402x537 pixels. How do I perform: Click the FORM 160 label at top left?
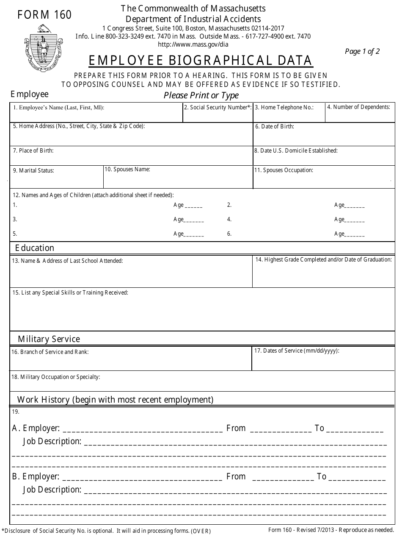point(44,15)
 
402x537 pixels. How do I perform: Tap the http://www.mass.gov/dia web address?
point(193,44)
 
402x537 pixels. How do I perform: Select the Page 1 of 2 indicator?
point(362,52)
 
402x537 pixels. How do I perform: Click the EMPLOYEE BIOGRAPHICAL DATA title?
point(201,61)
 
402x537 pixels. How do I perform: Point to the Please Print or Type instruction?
point(201,95)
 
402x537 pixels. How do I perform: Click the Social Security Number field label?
point(218,108)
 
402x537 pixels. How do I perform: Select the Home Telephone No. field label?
point(284,108)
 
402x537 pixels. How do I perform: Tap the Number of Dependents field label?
point(358,107)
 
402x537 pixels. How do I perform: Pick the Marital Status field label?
point(33,171)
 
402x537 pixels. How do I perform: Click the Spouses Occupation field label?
point(284,170)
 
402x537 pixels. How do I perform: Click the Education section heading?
point(35,248)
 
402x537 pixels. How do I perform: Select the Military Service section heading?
point(49,339)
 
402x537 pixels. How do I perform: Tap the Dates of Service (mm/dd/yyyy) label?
point(297,351)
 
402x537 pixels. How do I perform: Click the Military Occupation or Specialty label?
point(56,377)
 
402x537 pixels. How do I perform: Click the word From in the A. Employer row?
point(236,428)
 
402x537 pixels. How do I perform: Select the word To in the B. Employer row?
point(322,477)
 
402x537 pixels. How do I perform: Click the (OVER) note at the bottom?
point(201,531)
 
